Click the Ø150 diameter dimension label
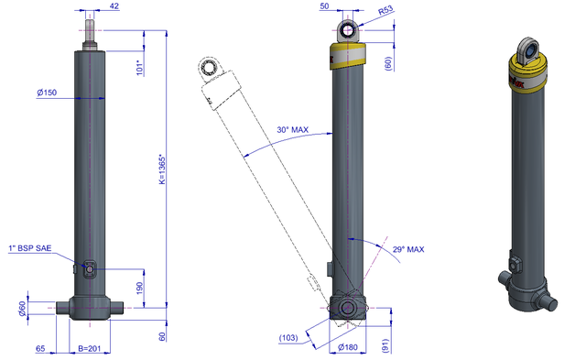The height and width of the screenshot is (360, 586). click(47, 93)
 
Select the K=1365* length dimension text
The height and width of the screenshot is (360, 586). click(162, 169)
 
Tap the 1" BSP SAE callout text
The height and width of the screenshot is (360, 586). click(30, 248)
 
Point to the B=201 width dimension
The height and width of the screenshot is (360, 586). click(90, 348)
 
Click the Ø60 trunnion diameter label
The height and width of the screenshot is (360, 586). click(23, 309)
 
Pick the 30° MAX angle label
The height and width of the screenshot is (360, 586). click(293, 130)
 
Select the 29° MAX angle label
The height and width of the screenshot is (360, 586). click(408, 249)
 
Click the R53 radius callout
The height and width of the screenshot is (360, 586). click(385, 10)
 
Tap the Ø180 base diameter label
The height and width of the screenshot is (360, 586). click(348, 347)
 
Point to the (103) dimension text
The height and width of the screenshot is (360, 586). click(288, 338)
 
